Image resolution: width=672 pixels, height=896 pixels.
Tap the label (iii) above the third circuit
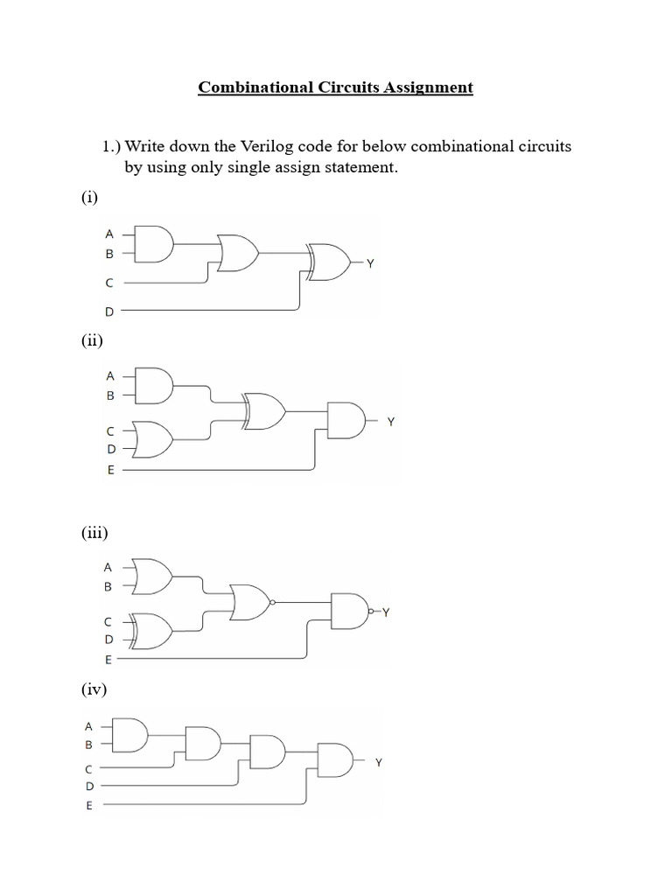click(94, 532)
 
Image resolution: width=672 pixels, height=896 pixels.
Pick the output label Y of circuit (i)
click(370, 262)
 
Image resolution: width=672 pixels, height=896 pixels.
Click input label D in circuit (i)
click(109, 311)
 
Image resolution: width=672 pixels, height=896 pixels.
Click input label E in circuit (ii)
click(110, 470)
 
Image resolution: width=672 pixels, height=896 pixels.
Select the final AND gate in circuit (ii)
click(344, 421)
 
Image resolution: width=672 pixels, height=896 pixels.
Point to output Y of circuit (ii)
click(391, 422)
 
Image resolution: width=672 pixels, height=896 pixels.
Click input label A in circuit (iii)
click(108, 566)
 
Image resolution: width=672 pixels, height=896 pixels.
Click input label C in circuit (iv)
click(88, 769)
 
